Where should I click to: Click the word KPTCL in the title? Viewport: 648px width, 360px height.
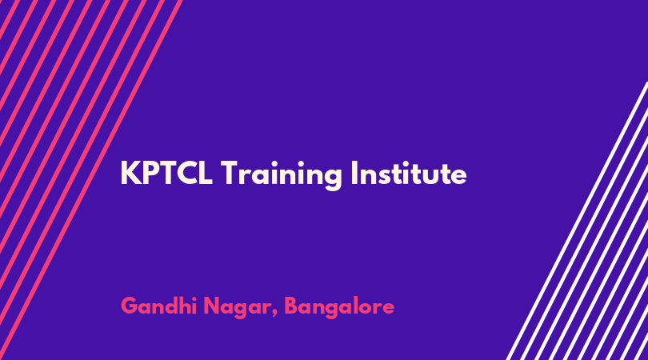pyautogui.click(x=166, y=173)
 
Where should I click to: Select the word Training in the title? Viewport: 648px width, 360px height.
pyautogui.click(x=281, y=175)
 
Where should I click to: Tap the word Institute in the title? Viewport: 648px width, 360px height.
pyautogui.click(x=409, y=173)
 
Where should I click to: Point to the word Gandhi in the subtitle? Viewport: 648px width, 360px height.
pyautogui.click(x=158, y=306)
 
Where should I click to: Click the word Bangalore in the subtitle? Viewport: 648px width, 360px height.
pyautogui.click(x=339, y=307)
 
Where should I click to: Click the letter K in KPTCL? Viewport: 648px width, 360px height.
pyautogui.click(x=130, y=173)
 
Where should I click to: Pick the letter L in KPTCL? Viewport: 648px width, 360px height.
pyautogui.click(x=206, y=173)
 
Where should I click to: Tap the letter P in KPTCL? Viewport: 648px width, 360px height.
pyautogui.click(x=149, y=173)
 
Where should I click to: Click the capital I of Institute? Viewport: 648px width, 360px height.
pyautogui.click(x=354, y=173)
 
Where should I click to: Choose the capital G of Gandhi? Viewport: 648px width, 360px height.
pyautogui.click(x=130, y=306)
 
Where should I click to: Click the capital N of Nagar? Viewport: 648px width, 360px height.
pyautogui.click(x=212, y=306)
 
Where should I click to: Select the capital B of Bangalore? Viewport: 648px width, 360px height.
pyautogui.click(x=291, y=306)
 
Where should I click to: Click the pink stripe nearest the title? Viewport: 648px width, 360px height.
pyautogui.click(x=90, y=180)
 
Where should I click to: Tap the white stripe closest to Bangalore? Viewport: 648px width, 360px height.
pyautogui.click(x=577, y=221)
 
